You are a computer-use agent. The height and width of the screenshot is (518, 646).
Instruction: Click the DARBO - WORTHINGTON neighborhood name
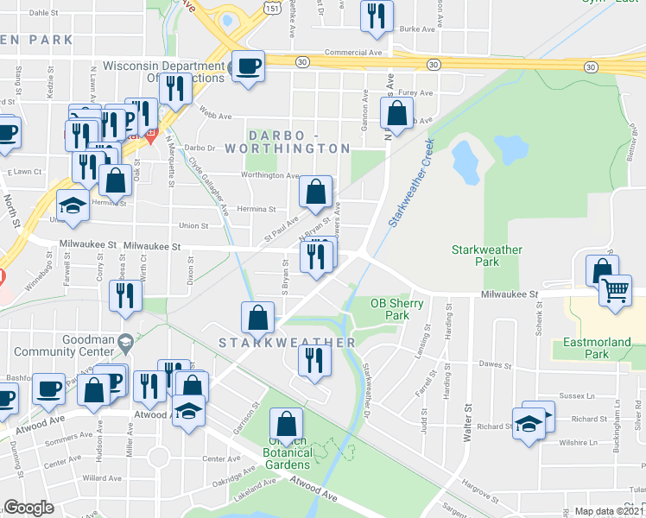[x=298, y=142]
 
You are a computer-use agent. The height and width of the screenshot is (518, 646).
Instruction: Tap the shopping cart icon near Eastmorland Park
[x=615, y=290]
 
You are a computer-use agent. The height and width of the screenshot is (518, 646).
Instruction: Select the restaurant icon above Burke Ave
[x=376, y=16]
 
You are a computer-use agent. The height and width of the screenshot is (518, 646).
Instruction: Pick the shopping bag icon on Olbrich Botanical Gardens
[x=286, y=424]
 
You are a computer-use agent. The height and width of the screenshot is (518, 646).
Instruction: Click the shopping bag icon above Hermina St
[x=316, y=192]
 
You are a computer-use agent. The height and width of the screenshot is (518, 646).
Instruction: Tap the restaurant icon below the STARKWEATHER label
[x=313, y=359]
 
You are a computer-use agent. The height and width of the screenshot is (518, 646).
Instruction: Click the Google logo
[x=28, y=508]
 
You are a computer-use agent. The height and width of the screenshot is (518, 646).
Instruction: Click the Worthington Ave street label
[x=269, y=175]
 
